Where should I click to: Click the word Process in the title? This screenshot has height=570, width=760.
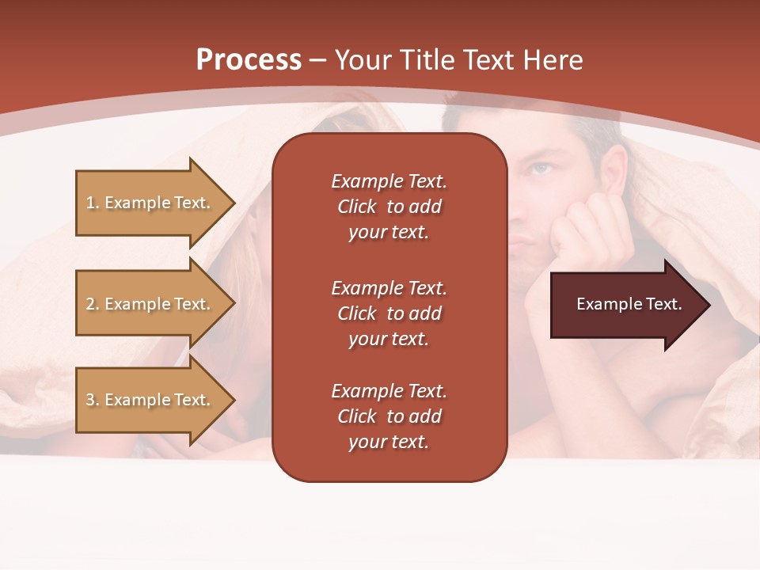pyautogui.click(x=249, y=60)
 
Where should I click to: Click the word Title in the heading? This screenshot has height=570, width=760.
pyautogui.click(x=427, y=60)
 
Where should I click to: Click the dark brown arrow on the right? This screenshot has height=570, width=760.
pyautogui.click(x=625, y=305)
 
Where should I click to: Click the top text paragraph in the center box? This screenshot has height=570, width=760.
pyautogui.click(x=389, y=207)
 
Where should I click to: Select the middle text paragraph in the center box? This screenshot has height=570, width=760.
pyautogui.click(x=389, y=313)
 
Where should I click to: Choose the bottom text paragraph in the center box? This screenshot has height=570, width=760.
pyautogui.click(x=389, y=416)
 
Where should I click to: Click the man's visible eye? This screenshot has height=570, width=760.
pyautogui.click(x=541, y=168)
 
